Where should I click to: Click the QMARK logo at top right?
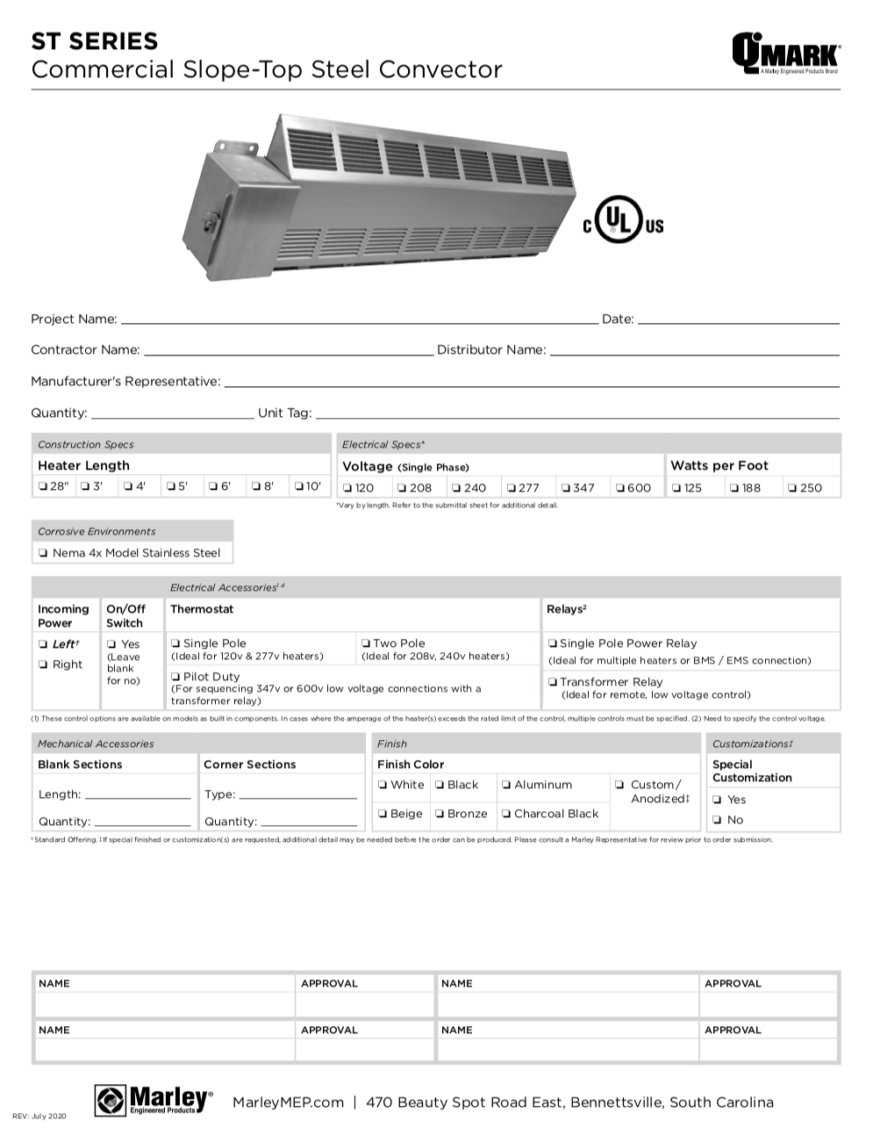[785, 54]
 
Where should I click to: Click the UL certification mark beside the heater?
[623, 221]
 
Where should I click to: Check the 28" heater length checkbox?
[43, 487]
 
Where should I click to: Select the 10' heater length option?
[299, 487]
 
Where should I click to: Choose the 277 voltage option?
[512, 488]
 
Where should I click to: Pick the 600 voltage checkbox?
[620, 488]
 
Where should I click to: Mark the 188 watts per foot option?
[734, 488]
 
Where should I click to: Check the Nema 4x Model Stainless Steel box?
[43, 553]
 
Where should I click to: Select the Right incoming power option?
[43, 664]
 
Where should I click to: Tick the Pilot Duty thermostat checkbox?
[176, 677]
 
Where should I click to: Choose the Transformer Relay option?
[553, 682]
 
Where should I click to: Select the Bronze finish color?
[440, 814]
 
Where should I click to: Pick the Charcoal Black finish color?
[506, 814]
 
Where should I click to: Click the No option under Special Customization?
[718, 820]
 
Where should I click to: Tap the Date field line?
[738, 320]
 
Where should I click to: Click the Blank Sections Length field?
[138, 794]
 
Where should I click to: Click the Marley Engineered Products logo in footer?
[154, 1100]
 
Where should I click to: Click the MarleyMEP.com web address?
[288, 1103]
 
